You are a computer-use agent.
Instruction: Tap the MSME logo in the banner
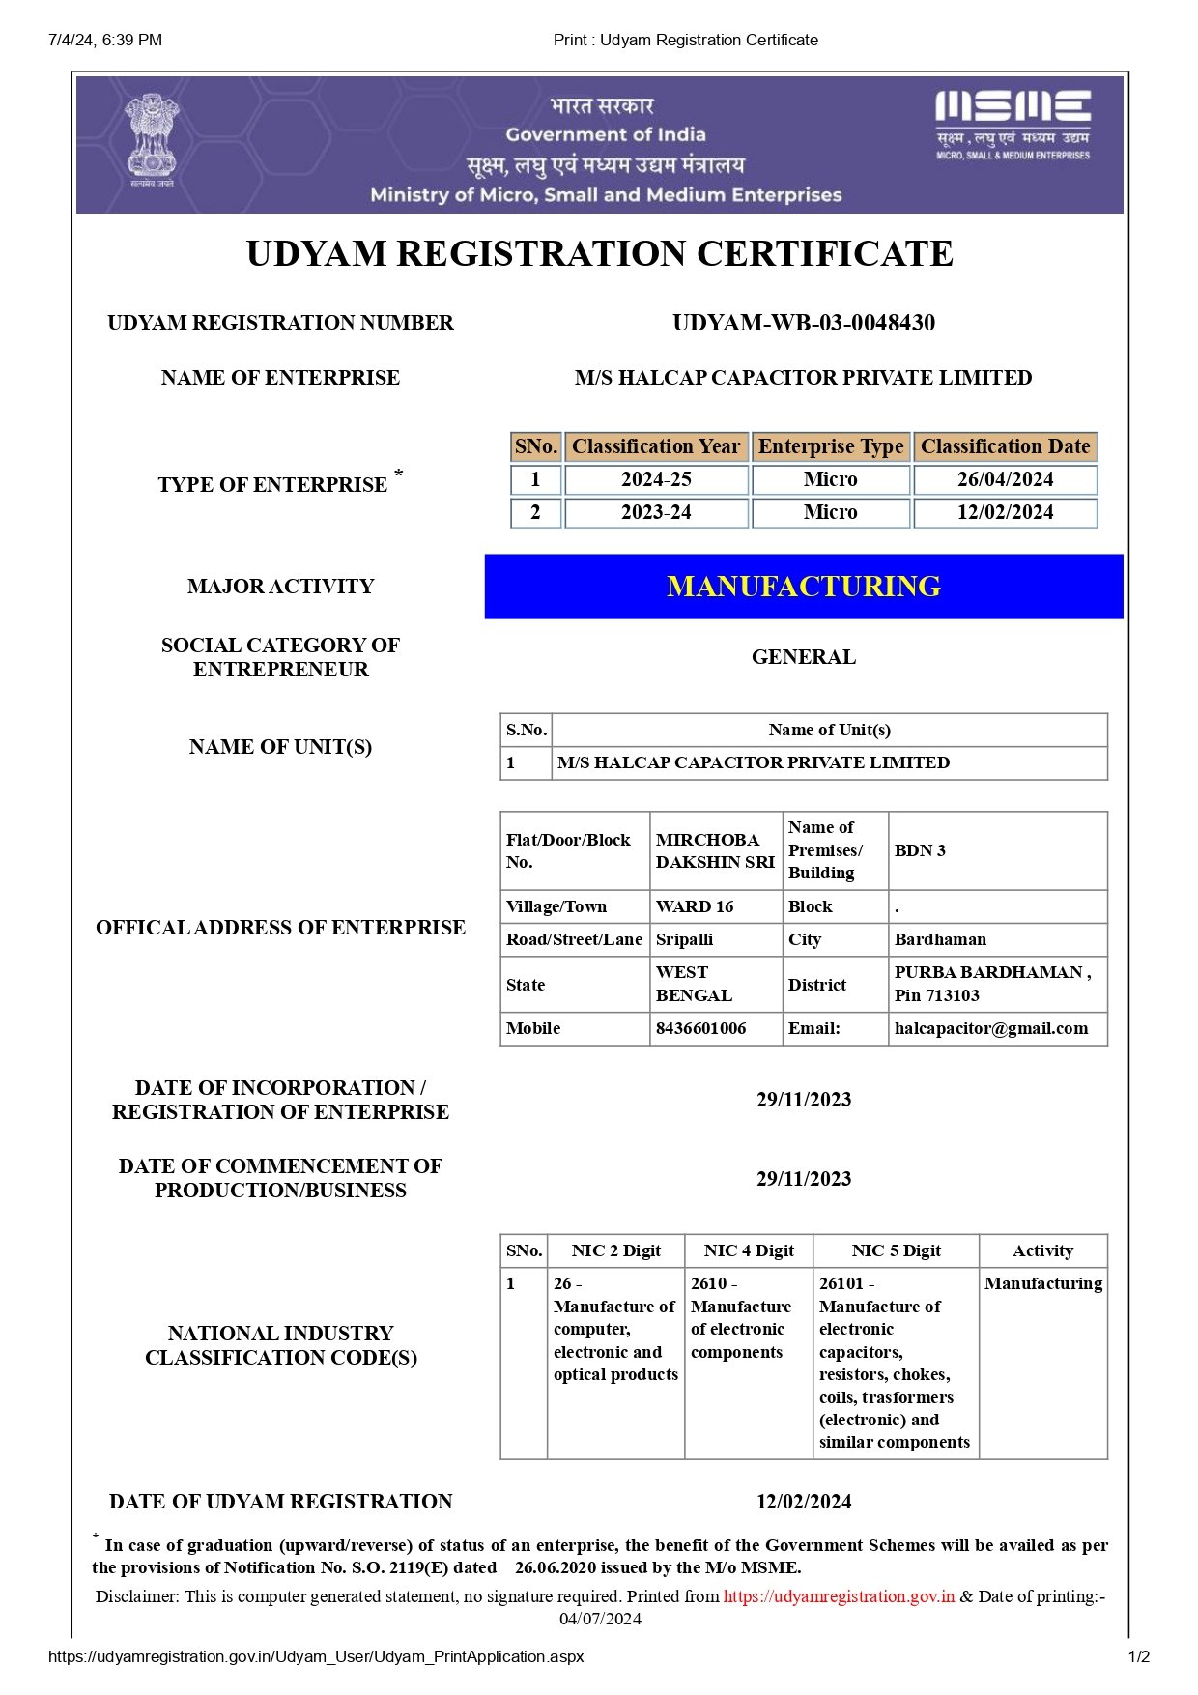click(1013, 124)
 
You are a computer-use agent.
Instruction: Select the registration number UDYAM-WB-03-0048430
click(804, 323)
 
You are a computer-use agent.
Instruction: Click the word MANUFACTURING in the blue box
click(804, 587)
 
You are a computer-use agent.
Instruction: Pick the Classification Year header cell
click(656, 446)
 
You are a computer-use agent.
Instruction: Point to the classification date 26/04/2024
click(1005, 479)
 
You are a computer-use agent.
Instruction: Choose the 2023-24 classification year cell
click(656, 512)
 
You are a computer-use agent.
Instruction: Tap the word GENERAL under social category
click(804, 657)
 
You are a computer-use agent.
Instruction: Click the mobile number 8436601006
click(701, 1028)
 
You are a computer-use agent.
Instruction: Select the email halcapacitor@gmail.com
click(991, 1028)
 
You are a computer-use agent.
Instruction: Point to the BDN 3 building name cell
click(921, 850)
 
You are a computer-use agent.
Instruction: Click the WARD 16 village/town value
click(695, 906)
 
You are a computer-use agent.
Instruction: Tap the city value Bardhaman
click(940, 939)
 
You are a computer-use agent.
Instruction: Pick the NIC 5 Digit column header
click(896, 1250)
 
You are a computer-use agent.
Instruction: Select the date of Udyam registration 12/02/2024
click(804, 1502)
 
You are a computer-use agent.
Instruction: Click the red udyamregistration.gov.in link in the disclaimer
click(839, 1596)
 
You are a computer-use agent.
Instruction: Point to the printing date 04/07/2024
click(600, 1619)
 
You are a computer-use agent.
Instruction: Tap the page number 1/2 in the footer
click(1139, 1656)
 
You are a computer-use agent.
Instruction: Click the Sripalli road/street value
click(685, 939)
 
